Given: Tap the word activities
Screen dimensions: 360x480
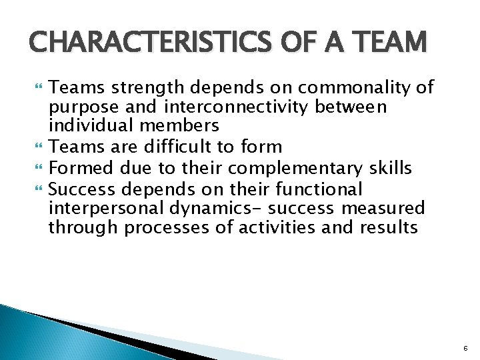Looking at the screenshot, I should pos(280,228).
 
